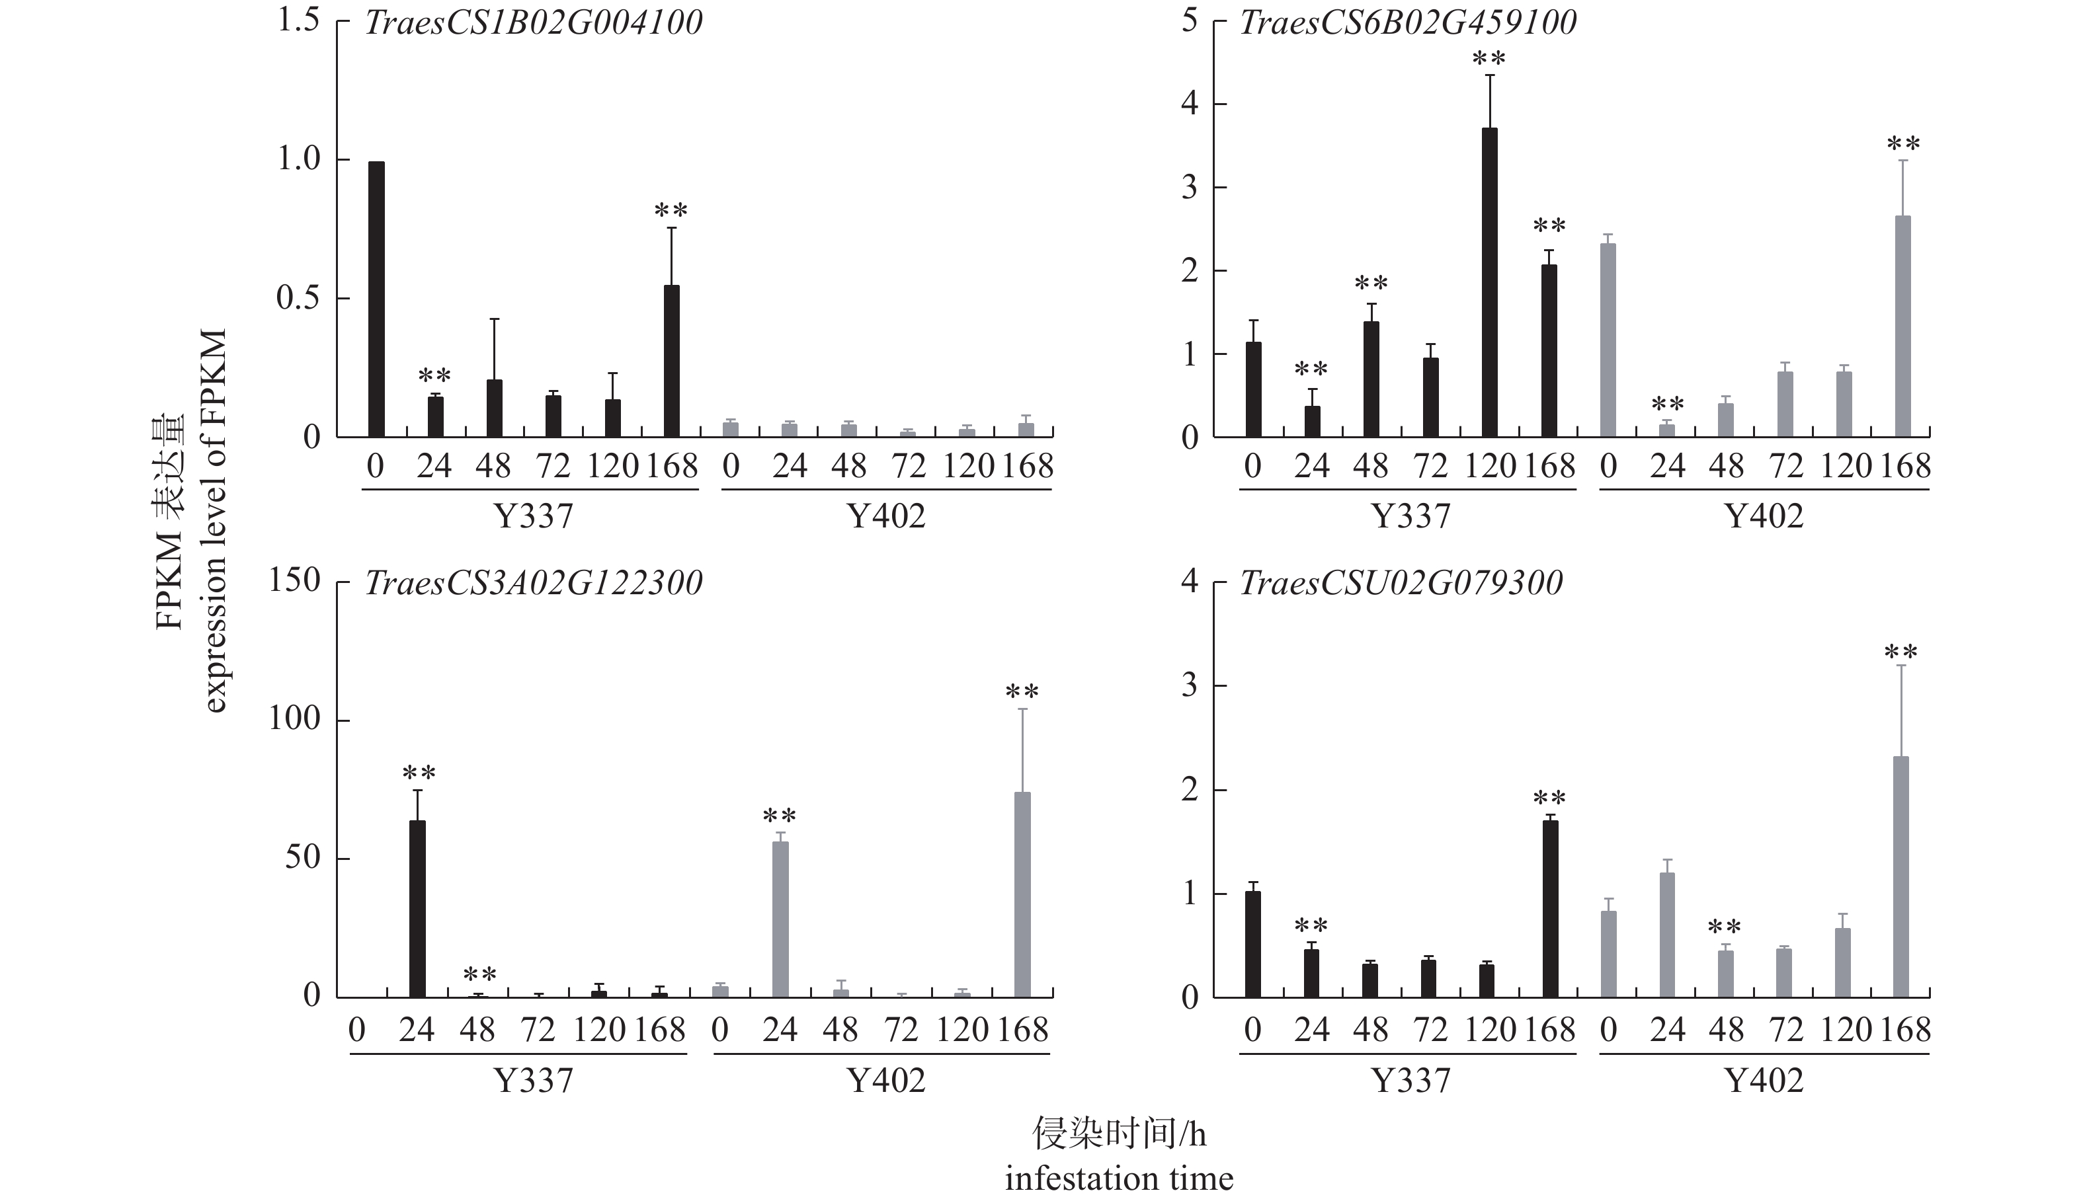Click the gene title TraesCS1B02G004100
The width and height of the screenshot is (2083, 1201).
(x=533, y=22)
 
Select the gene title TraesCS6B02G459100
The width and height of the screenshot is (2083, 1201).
(x=1409, y=22)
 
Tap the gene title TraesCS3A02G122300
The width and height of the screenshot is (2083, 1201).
(x=533, y=583)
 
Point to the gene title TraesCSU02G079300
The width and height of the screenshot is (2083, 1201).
(x=1401, y=583)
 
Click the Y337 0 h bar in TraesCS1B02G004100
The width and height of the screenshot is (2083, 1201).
(x=376, y=299)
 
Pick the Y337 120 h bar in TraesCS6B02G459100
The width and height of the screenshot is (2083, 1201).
(x=1490, y=282)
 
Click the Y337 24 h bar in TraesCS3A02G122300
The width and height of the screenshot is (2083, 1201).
(x=417, y=908)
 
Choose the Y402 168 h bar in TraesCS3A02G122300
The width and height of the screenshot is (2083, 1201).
(x=1022, y=894)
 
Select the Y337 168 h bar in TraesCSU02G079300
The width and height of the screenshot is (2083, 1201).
(x=1550, y=908)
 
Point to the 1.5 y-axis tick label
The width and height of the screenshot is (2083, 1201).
(x=298, y=20)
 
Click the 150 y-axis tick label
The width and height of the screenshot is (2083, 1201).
(x=294, y=581)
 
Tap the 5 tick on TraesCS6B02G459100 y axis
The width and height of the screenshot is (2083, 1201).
(x=1189, y=20)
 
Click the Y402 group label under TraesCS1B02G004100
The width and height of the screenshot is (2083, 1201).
(x=886, y=516)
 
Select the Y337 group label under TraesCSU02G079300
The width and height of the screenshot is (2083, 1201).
(x=1410, y=1081)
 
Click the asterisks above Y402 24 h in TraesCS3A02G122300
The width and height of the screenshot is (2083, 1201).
(x=780, y=816)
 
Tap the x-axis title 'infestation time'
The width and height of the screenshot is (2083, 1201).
(x=1119, y=1179)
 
